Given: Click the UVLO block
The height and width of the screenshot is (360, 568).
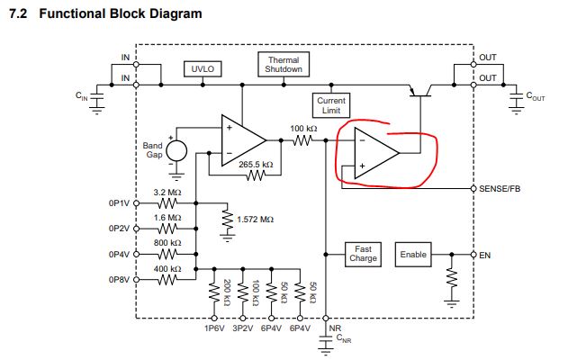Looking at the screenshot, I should point(202,69).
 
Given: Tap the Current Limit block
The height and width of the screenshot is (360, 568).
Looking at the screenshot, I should point(331,105).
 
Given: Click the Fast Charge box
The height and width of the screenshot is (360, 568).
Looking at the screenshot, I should point(364,255).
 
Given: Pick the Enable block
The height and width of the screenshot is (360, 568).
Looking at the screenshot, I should point(413,255).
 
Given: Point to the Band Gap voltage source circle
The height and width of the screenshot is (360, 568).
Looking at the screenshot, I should point(176,151).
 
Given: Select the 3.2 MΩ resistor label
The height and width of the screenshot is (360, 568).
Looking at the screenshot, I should point(168,192).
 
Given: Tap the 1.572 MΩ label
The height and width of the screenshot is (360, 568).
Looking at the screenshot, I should point(255,219).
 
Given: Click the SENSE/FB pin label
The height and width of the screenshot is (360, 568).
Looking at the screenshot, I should point(501,189).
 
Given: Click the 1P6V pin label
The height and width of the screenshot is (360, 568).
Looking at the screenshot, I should point(214,329).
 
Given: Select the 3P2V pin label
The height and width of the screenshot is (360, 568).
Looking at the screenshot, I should point(242,329).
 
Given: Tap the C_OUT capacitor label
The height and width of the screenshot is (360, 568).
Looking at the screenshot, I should point(536,95).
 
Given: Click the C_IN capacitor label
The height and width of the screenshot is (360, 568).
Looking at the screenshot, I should point(81,95).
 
